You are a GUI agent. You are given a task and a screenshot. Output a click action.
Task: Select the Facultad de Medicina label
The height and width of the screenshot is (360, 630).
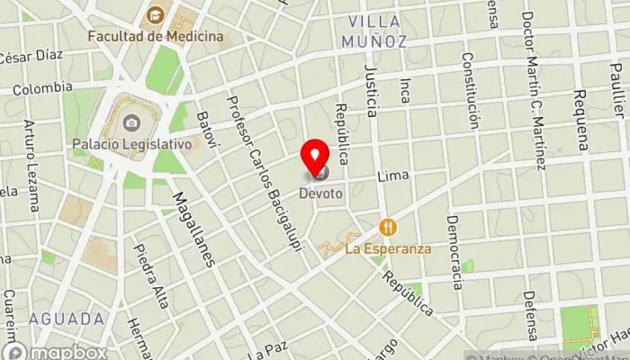(156, 37)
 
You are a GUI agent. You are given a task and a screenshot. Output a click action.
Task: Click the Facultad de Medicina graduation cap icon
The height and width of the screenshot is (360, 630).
(156, 15)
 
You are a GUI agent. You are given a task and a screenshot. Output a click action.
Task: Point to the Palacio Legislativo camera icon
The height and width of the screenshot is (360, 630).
(131, 122)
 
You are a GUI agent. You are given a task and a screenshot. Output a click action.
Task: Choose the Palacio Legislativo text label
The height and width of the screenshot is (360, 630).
(145, 143)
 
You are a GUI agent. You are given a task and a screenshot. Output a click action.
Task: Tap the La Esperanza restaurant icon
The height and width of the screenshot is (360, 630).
(389, 227)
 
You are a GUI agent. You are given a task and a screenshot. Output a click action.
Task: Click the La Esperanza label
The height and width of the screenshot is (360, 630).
(389, 248)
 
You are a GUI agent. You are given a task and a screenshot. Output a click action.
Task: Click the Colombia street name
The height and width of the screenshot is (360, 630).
(41, 88)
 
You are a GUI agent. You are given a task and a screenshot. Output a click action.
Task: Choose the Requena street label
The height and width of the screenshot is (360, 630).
(581, 118)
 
